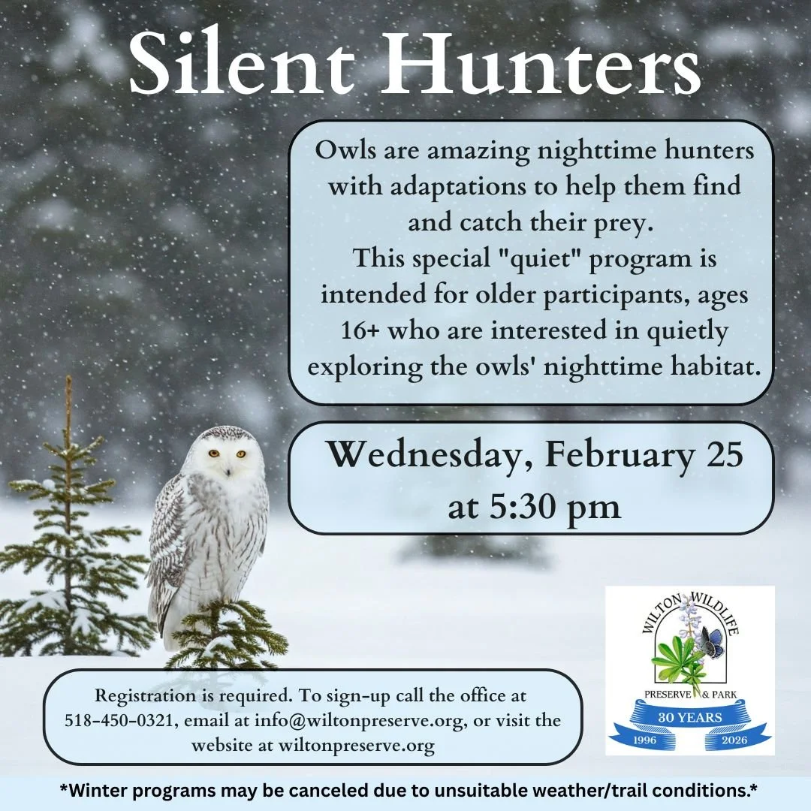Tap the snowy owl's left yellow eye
click(x=214, y=453)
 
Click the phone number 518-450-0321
click(x=110, y=720)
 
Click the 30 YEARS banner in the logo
click(x=690, y=717)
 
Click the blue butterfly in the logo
click(x=711, y=641)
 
